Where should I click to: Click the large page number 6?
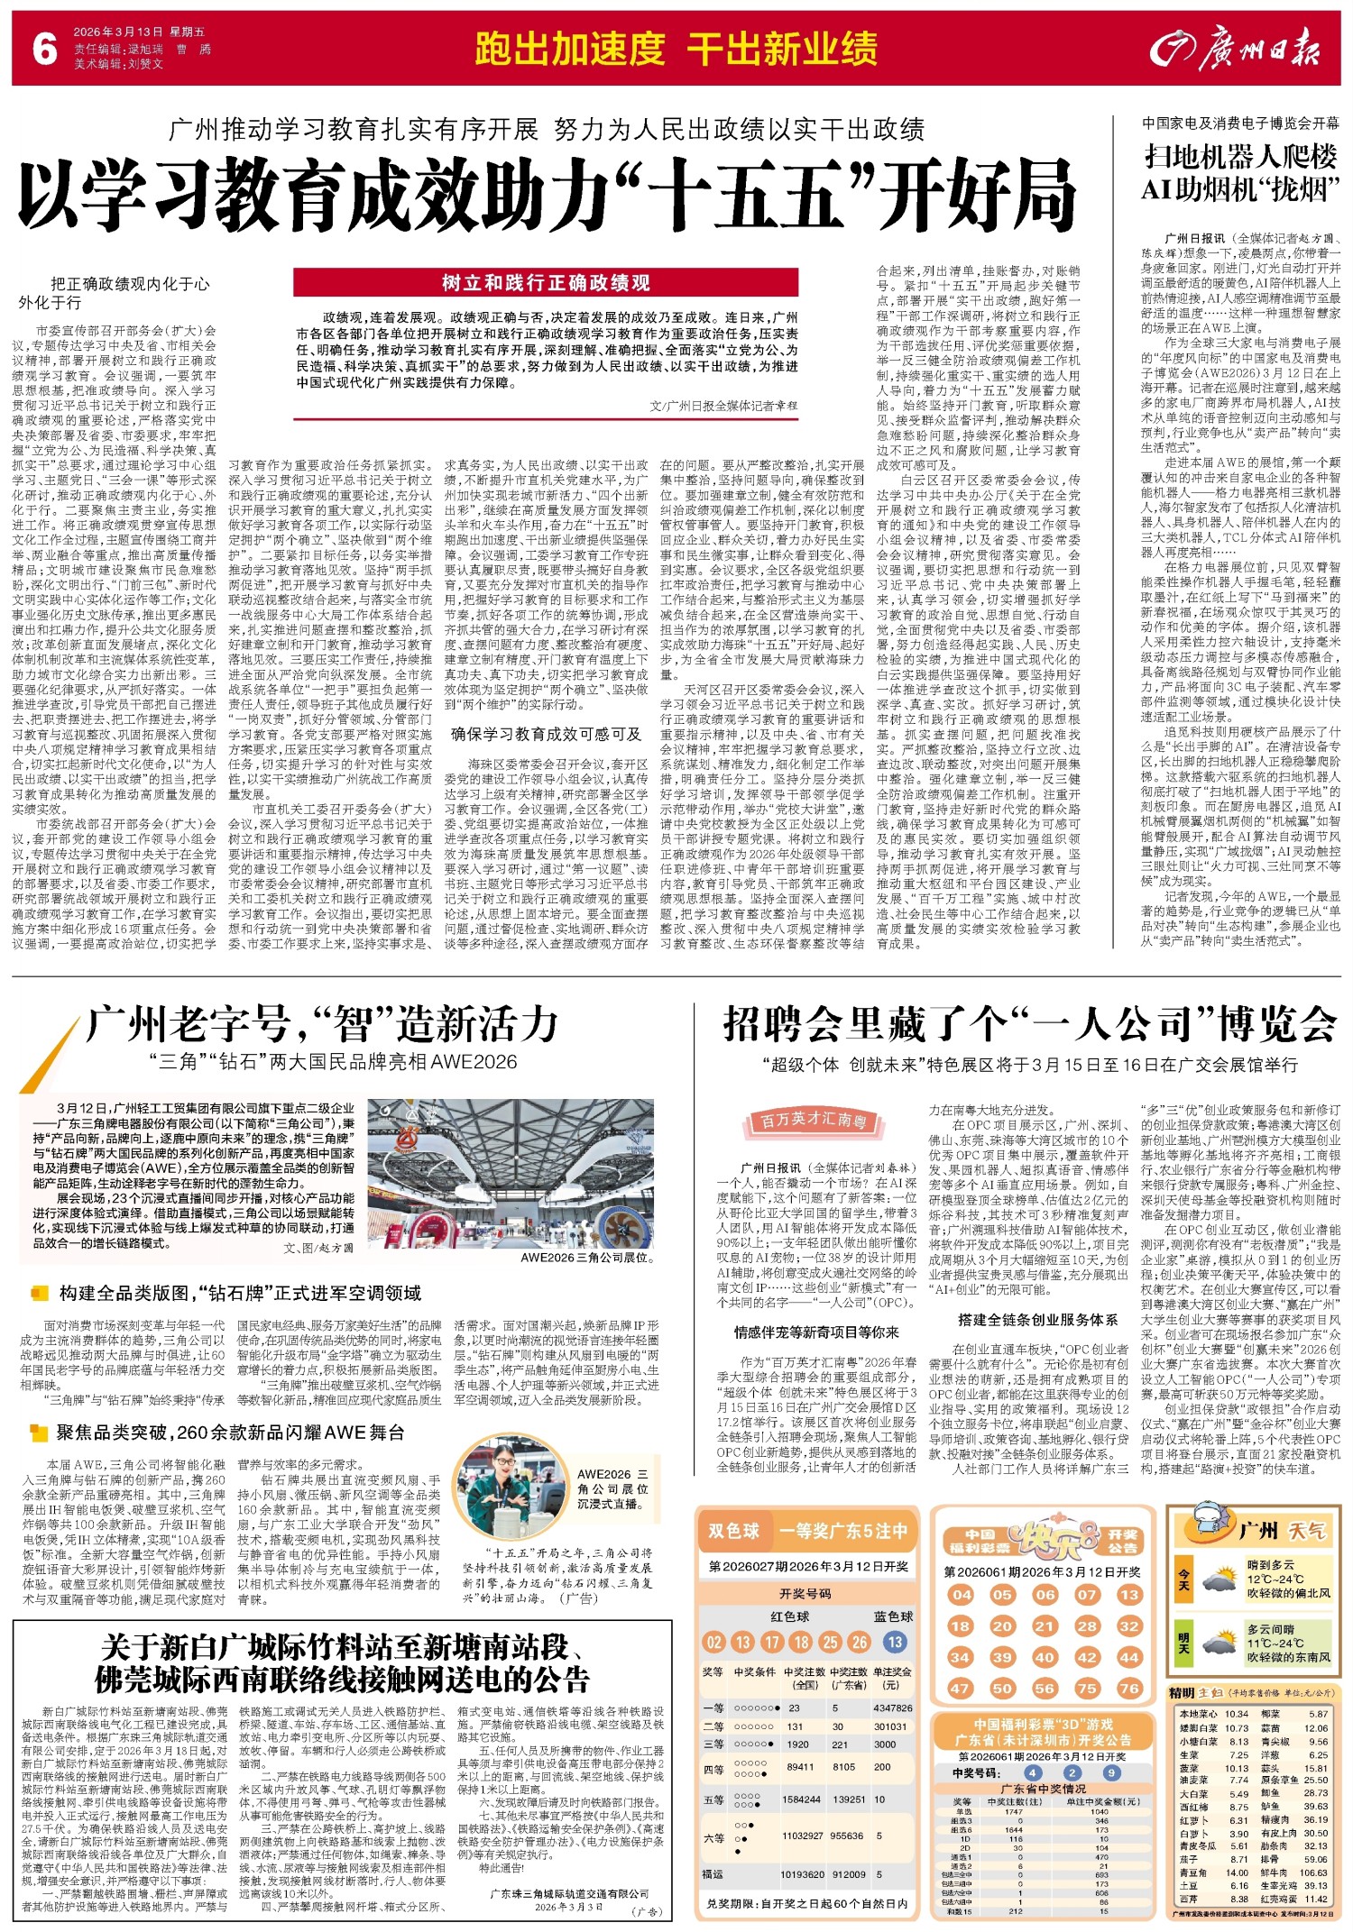click(44, 50)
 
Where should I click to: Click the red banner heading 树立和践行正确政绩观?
click(546, 283)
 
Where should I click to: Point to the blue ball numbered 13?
click(895, 1642)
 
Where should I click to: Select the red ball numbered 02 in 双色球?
click(714, 1642)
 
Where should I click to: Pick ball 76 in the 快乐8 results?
click(1129, 1688)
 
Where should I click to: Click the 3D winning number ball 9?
click(1110, 1772)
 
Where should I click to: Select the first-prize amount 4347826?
click(892, 1708)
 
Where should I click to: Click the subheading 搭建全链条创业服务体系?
click(1037, 1320)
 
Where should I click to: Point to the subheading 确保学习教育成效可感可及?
click(546, 734)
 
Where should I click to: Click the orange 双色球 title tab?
click(733, 1530)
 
